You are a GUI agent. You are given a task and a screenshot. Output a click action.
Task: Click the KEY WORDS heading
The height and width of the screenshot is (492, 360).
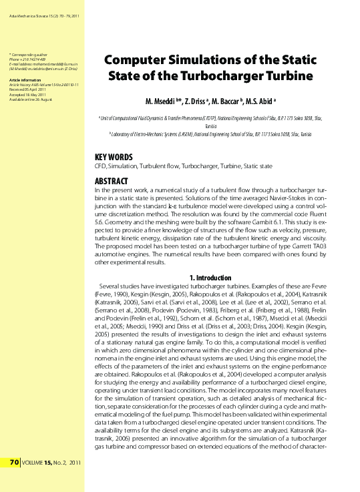114,157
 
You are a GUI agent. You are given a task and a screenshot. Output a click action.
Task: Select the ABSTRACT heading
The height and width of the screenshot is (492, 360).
112,181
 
